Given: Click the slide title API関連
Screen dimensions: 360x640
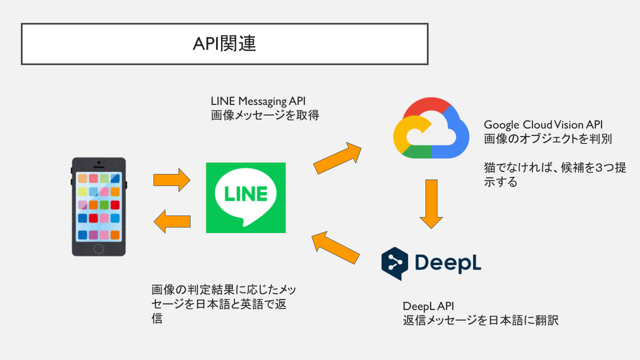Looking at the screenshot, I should (224, 44).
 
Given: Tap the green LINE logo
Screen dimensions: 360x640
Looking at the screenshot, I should (245, 197).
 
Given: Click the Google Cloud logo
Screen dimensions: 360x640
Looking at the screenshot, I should (431, 128).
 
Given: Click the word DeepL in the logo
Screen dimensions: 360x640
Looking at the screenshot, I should (447, 263).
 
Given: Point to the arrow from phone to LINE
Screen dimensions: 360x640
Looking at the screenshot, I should (171, 179).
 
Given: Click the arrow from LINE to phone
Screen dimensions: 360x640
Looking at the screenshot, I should (171, 221).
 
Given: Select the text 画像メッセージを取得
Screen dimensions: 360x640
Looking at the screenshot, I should (265, 115).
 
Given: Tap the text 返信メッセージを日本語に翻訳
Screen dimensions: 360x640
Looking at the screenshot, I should (480, 320).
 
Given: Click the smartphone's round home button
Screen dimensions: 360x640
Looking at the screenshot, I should (99, 248).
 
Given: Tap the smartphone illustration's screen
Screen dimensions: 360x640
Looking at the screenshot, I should (99, 206).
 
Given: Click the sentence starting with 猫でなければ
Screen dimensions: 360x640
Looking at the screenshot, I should (554, 174).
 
